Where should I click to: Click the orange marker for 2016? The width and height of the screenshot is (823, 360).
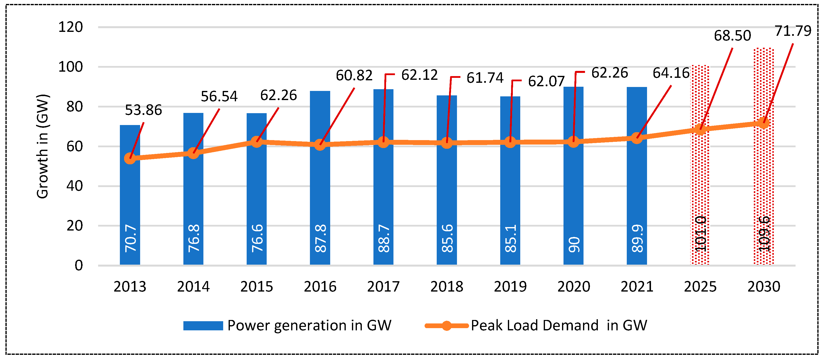point(320,145)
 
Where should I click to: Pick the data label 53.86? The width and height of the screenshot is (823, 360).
point(143,110)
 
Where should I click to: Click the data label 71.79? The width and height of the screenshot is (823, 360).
point(793,31)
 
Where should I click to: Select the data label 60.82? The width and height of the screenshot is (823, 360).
point(354,76)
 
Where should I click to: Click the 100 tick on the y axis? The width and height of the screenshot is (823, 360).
point(70,67)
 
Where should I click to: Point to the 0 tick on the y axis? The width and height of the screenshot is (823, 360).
point(79,265)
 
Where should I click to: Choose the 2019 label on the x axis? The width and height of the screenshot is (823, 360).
point(510,287)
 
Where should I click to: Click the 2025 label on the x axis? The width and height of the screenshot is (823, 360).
point(700,287)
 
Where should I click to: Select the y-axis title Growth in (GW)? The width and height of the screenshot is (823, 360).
point(42,146)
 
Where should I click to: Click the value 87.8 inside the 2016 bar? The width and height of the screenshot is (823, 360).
point(321,238)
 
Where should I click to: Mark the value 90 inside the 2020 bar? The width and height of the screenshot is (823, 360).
point(574,244)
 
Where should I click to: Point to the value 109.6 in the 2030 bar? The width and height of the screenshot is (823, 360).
point(764,234)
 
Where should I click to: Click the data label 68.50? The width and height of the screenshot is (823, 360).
point(732,36)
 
